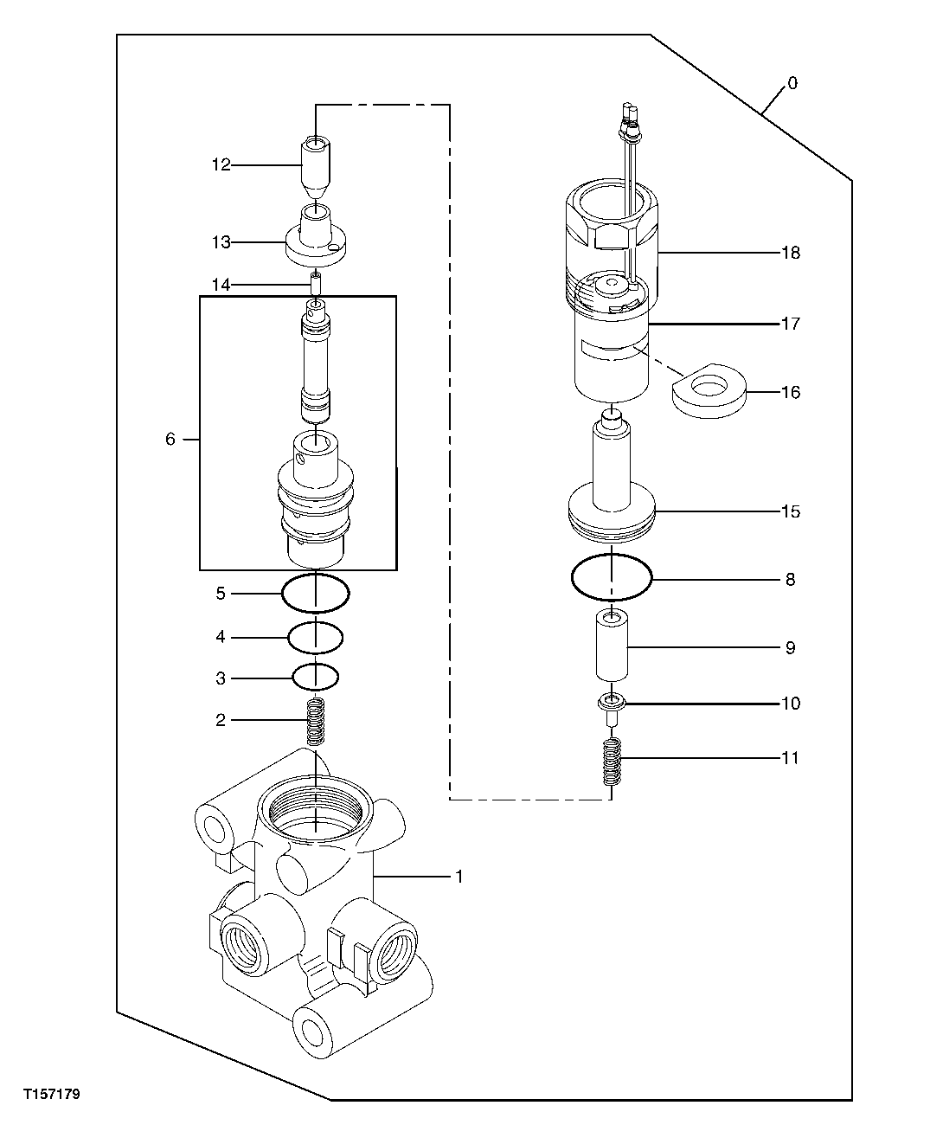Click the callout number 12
[221, 164]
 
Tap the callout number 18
[791, 253]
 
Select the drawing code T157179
[52, 1095]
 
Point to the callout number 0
[792, 83]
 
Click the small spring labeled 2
[317, 721]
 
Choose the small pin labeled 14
[317, 284]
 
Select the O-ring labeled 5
[316, 593]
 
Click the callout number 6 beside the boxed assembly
[170, 440]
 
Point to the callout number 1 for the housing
[459, 877]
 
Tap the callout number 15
[791, 511]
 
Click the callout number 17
[791, 324]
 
